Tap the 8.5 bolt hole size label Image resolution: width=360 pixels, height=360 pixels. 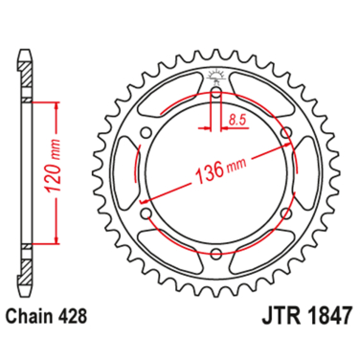click(x=236, y=120)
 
